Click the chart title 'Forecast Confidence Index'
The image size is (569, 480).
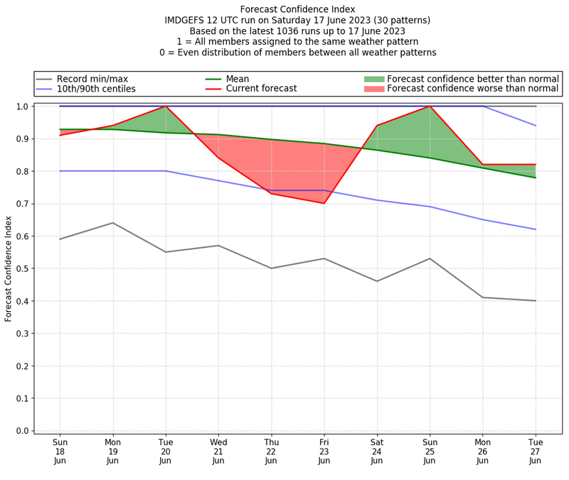tap(297, 9)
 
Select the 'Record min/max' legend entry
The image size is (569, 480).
tap(92, 79)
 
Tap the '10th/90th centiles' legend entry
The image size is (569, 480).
tap(96, 89)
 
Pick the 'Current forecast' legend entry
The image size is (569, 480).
tap(261, 89)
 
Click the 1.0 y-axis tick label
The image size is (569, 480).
tap(22, 107)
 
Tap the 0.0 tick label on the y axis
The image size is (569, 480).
tap(22, 430)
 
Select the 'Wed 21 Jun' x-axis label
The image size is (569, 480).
tap(218, 451)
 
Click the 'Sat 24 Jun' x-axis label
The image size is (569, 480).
tap(377, 451)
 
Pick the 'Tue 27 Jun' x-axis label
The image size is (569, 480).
tap(536, 451)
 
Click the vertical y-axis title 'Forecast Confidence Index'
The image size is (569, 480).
tap(9, 268)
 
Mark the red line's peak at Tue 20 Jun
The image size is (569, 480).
tap(166, 107)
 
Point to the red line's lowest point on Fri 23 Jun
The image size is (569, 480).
tap(324, 203)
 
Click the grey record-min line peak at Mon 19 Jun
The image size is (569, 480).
tap(112, 223)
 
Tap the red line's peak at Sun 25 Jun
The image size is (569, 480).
tap(430, 107)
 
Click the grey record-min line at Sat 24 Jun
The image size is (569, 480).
tap(377, 281)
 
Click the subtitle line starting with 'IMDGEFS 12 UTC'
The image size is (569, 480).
tap(297, 21)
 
